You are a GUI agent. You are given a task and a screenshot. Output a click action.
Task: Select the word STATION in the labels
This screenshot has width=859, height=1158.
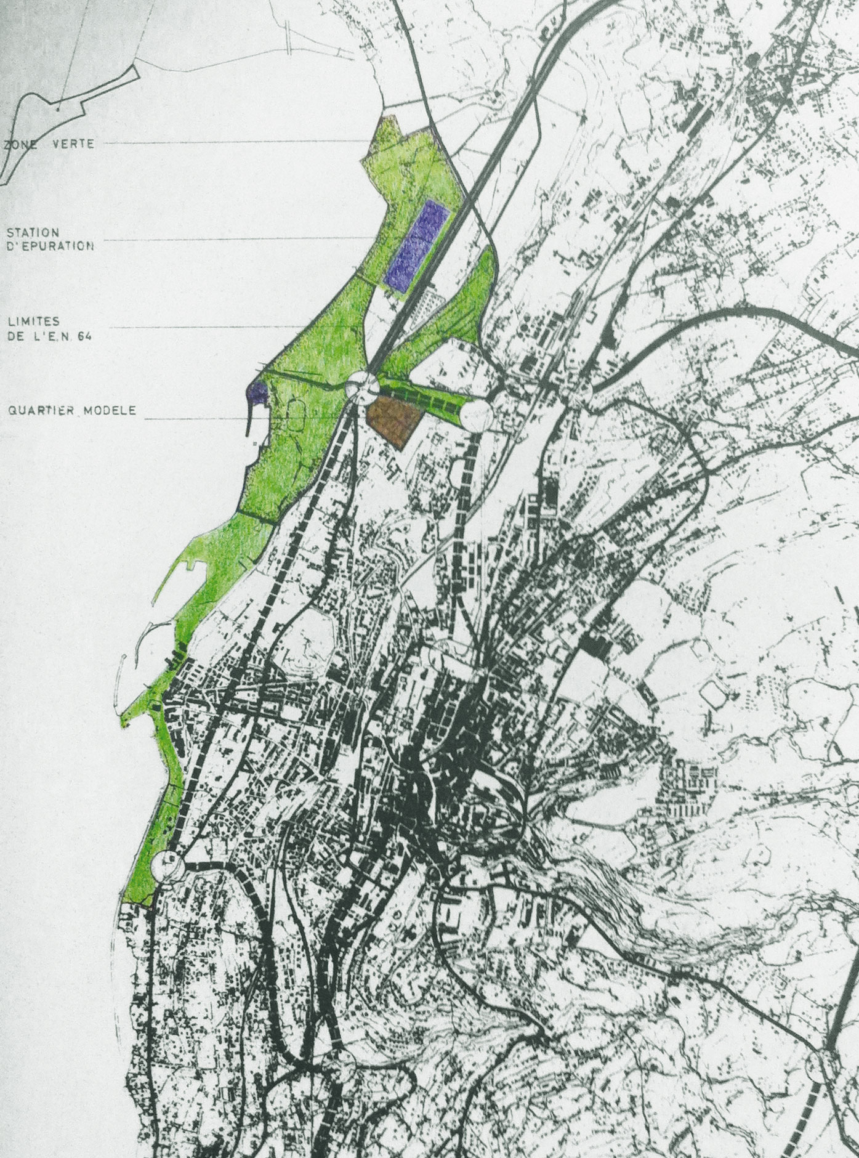33,233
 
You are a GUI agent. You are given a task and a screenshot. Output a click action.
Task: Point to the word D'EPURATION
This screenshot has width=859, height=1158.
50,245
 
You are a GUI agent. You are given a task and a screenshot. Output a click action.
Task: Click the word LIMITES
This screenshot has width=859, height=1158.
32,322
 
